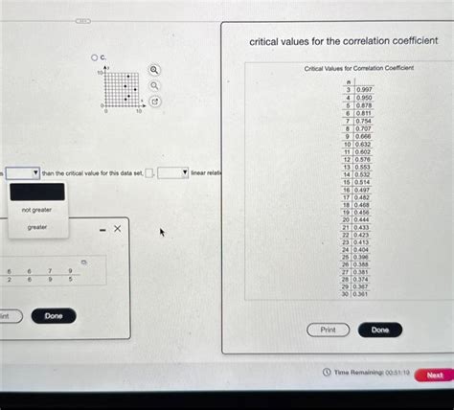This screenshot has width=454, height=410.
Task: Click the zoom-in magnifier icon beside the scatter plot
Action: point(154,70)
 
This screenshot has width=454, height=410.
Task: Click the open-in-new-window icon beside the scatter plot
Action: point(154,101)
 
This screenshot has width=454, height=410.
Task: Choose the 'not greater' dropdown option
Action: point(36,209)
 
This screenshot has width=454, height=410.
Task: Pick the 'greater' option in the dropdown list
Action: point(36,228)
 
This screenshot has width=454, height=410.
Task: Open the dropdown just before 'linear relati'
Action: point(172,172)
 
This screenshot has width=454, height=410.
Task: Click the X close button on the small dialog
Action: point(117,229)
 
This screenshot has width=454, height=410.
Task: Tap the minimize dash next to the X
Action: point(102,229)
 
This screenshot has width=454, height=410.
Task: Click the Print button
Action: point(328,330)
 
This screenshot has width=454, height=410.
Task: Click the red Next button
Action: point(434,376)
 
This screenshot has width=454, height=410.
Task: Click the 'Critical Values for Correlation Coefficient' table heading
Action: point(358,69)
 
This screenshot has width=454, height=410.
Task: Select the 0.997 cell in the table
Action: point(364,88)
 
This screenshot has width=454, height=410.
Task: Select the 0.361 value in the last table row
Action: point(360,294)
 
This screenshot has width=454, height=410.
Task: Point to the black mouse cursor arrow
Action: point(162,232)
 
